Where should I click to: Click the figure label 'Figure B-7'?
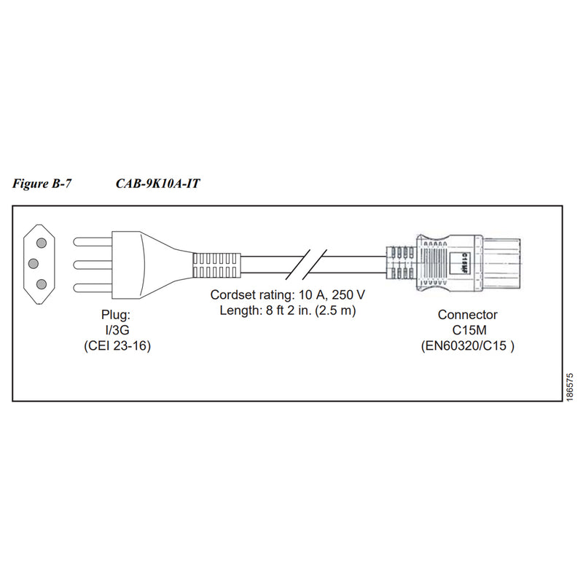pos(42,184)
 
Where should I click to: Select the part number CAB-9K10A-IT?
pos(157,184)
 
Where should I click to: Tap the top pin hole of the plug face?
pos(42,243)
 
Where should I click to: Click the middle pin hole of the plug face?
pos(34,264)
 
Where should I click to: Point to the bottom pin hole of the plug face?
pos(42,285)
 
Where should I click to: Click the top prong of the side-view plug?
pos(93,242)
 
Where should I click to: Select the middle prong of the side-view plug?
pos(93,265)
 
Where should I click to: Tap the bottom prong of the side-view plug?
pos(93,288)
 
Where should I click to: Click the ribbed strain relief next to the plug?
pos(216,265)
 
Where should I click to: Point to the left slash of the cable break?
pos(298,265)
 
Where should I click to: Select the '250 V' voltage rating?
pos(348,295)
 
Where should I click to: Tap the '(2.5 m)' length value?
pos(335,310)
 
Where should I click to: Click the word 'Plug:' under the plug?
pos(116,316)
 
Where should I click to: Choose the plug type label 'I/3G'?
pos(117,330)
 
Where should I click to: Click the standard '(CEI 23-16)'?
pos(117,346)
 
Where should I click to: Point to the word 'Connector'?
pos(467,315)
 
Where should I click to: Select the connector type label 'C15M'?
pos(469,330)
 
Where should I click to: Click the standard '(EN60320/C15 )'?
pos(468,346)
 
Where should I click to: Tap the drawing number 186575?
pos(570,387)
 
